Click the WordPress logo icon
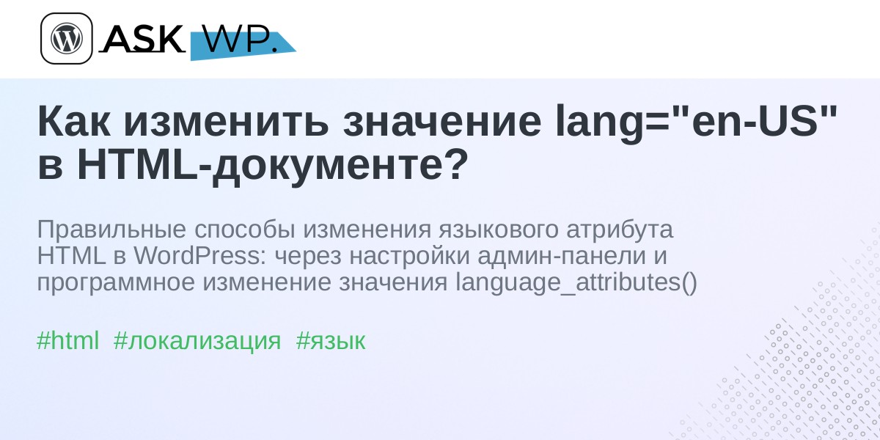click(x=67, y=38)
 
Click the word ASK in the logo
click(x=142, y=38)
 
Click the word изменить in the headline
click(x=226, y=122)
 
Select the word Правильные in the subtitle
click(x=111, y=230)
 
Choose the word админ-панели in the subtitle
click(x=562, y=257)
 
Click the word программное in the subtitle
click(x=116, y=283)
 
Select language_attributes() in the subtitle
click(x=576, y=283)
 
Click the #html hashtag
click(x=67, y=340)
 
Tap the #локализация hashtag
click(x=197, y=341)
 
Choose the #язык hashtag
click(x=331, y=341)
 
